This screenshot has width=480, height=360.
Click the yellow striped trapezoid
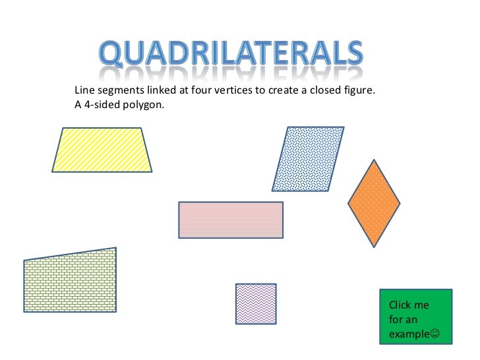pos(102,150)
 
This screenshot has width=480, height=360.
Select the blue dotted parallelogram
pos(308,159)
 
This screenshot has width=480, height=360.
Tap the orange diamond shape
pos(374,203)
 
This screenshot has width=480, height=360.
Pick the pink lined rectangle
pos(231,220)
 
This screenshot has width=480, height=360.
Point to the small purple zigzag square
pos(256,303)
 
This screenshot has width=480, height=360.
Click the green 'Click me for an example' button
pos(416,316)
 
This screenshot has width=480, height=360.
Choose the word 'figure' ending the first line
pos(358,90)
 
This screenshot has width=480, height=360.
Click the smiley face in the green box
pos(434,334)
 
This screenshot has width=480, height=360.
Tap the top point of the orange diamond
pos(374,160)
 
